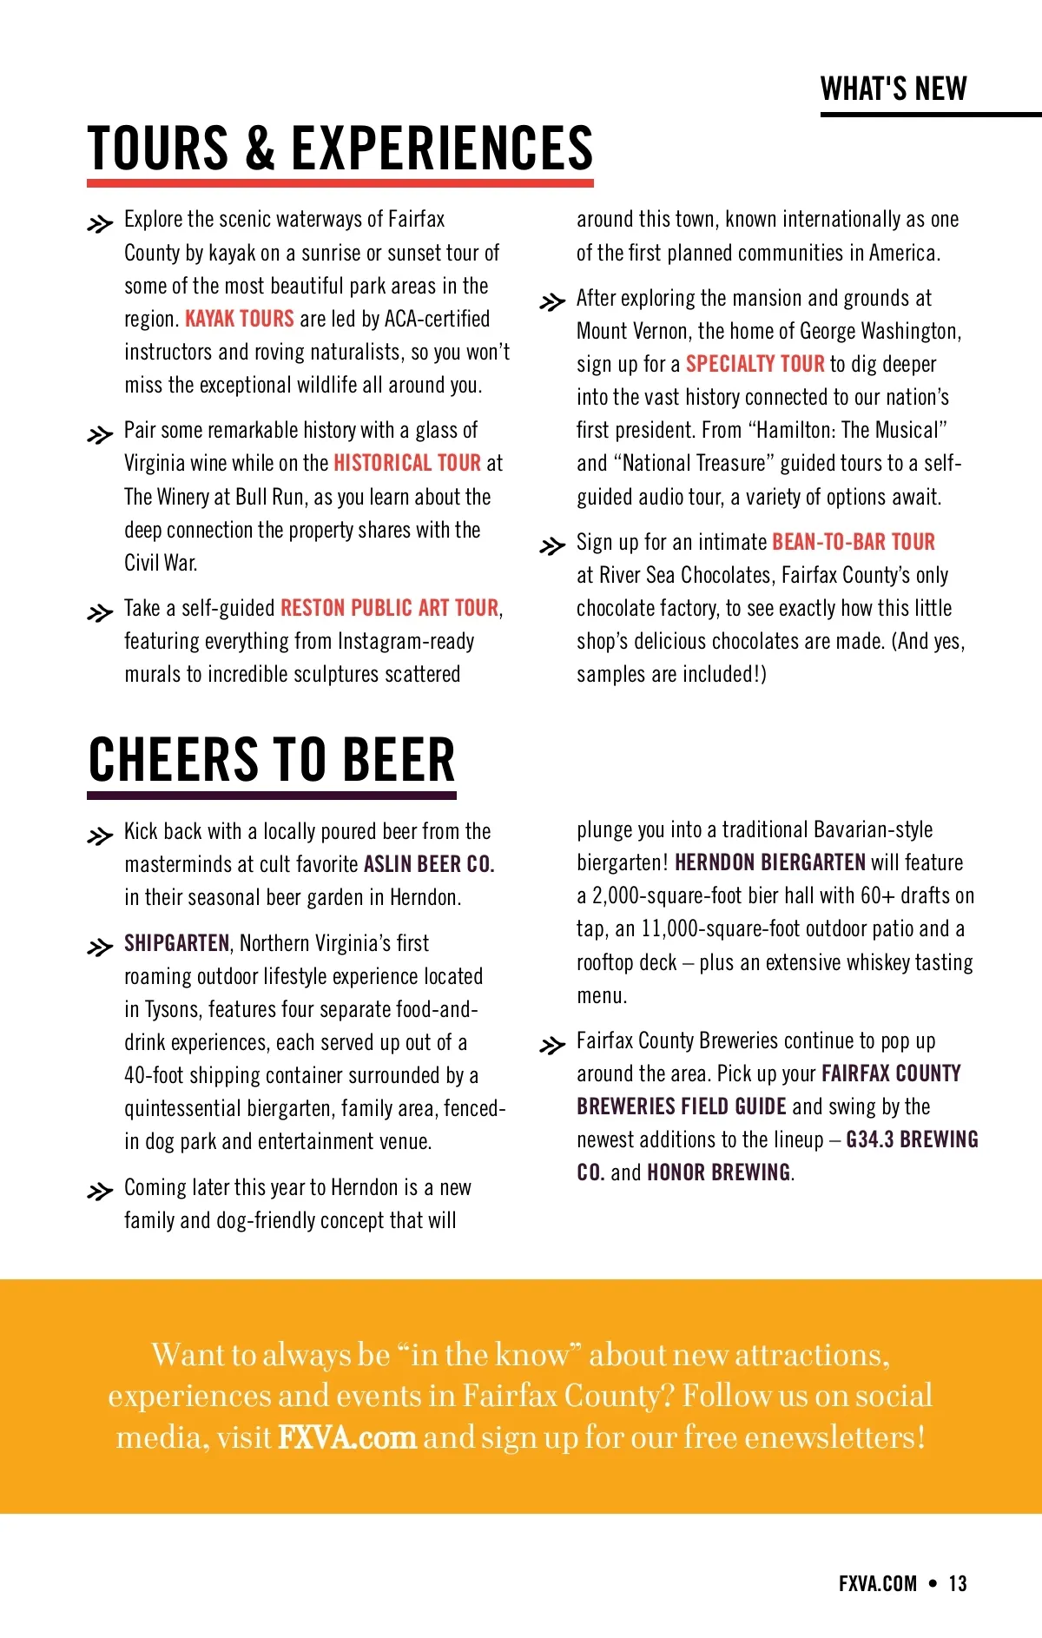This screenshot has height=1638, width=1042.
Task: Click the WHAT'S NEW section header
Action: click(894, 89)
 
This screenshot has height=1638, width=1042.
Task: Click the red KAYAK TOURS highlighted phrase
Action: click(240, 319)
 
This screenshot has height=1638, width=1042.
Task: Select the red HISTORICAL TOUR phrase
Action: click(407, 463)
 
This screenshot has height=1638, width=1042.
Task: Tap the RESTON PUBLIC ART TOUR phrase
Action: click(390, 608)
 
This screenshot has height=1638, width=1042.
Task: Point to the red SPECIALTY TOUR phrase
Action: click(755, 364)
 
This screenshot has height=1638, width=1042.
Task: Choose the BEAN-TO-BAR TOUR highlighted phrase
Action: click(854, 542)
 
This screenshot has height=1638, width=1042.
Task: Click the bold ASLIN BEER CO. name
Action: click(429, 864)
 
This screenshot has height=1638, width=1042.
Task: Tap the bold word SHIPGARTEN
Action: click(177, 943)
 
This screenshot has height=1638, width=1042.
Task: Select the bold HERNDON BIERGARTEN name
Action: click(770, 862)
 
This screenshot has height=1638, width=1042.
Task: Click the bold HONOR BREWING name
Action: click(719, 1172)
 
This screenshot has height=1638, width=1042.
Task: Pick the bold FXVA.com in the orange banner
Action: click(347, 1437)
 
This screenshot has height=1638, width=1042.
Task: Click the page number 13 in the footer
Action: click(958, 1583)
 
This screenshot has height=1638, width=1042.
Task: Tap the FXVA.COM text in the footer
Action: click(878, 1583)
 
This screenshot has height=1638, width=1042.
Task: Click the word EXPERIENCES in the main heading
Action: click(442, 148)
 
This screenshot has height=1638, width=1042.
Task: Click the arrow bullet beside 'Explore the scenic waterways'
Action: click(101, 224)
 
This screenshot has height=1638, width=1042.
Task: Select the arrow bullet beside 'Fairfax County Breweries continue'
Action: click(552, 1045)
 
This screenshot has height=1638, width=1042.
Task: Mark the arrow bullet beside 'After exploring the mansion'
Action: click(552, 302)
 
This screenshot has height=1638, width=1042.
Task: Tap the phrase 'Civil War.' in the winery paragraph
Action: click(161, 563)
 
